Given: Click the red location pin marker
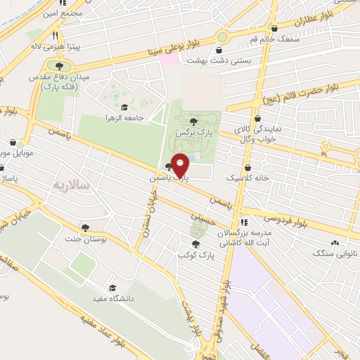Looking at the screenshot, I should click(181, 166).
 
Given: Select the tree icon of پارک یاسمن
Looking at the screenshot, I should click(168, 167).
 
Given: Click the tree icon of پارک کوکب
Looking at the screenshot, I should click(195, 243).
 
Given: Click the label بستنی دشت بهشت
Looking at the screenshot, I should click(219, 61).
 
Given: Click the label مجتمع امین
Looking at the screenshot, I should click(62, 13).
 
